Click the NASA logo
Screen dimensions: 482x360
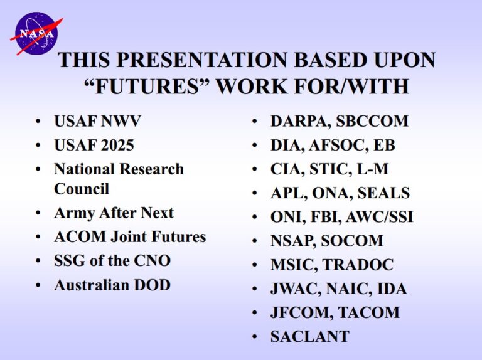36,34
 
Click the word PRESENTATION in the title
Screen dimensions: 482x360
201,60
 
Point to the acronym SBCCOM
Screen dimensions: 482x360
372,121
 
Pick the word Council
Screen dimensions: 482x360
82,189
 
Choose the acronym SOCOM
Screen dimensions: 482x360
352,240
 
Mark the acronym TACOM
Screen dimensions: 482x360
369,312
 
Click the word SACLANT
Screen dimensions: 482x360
310,336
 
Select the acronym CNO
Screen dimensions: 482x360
152,261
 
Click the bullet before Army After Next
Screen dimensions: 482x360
38,213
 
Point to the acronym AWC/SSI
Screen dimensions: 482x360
379,217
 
